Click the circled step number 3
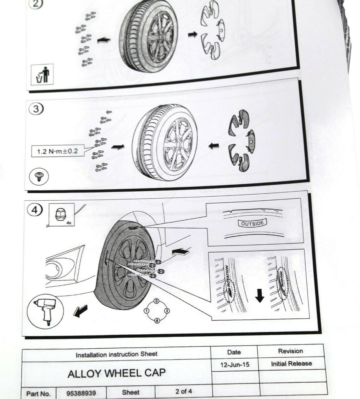pyautogui.click(x=36, y=109)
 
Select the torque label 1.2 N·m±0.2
pyautogui.click(x=58, y=150)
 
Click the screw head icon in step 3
pyautogui.click(x=39, y=177)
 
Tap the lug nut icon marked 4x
pyautogui.click(x=60, y=215)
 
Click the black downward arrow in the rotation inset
pyautogui.click(x=260, y=297)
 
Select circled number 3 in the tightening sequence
pyautogui.click(x=156, y=301)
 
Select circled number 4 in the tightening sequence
pyautogui.click(x=156, y=321)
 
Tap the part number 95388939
pyautogui.click(x=81, y=393)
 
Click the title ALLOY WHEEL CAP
pyautogui.click(x=116, y=373)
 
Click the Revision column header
pyautogui.click(x=290, y=351)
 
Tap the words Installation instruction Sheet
pyautogui.click(x=117, y=354)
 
